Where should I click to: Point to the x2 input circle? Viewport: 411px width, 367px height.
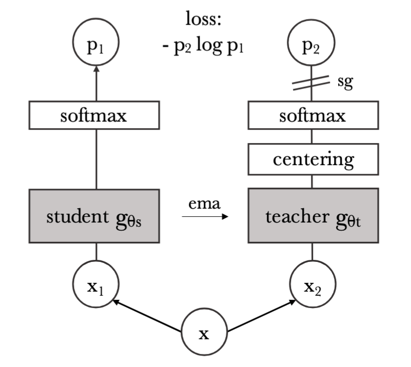[x=313, y=282]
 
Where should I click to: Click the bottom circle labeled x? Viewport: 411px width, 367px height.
[x=205, y=334]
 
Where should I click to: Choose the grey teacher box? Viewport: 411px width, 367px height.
[x=313, y=216]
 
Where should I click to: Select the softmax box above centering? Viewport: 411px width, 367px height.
[x=313, y=116]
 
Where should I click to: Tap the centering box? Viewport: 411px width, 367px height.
[x=313, y=159]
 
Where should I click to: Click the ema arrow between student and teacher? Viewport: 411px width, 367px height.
[x=205, y=217]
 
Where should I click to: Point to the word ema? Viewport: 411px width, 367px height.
[x=204, y=203]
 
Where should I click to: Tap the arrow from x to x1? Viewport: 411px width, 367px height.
[x=149, y=318]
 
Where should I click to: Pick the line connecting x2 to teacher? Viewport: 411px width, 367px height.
[x=313, y=253]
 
